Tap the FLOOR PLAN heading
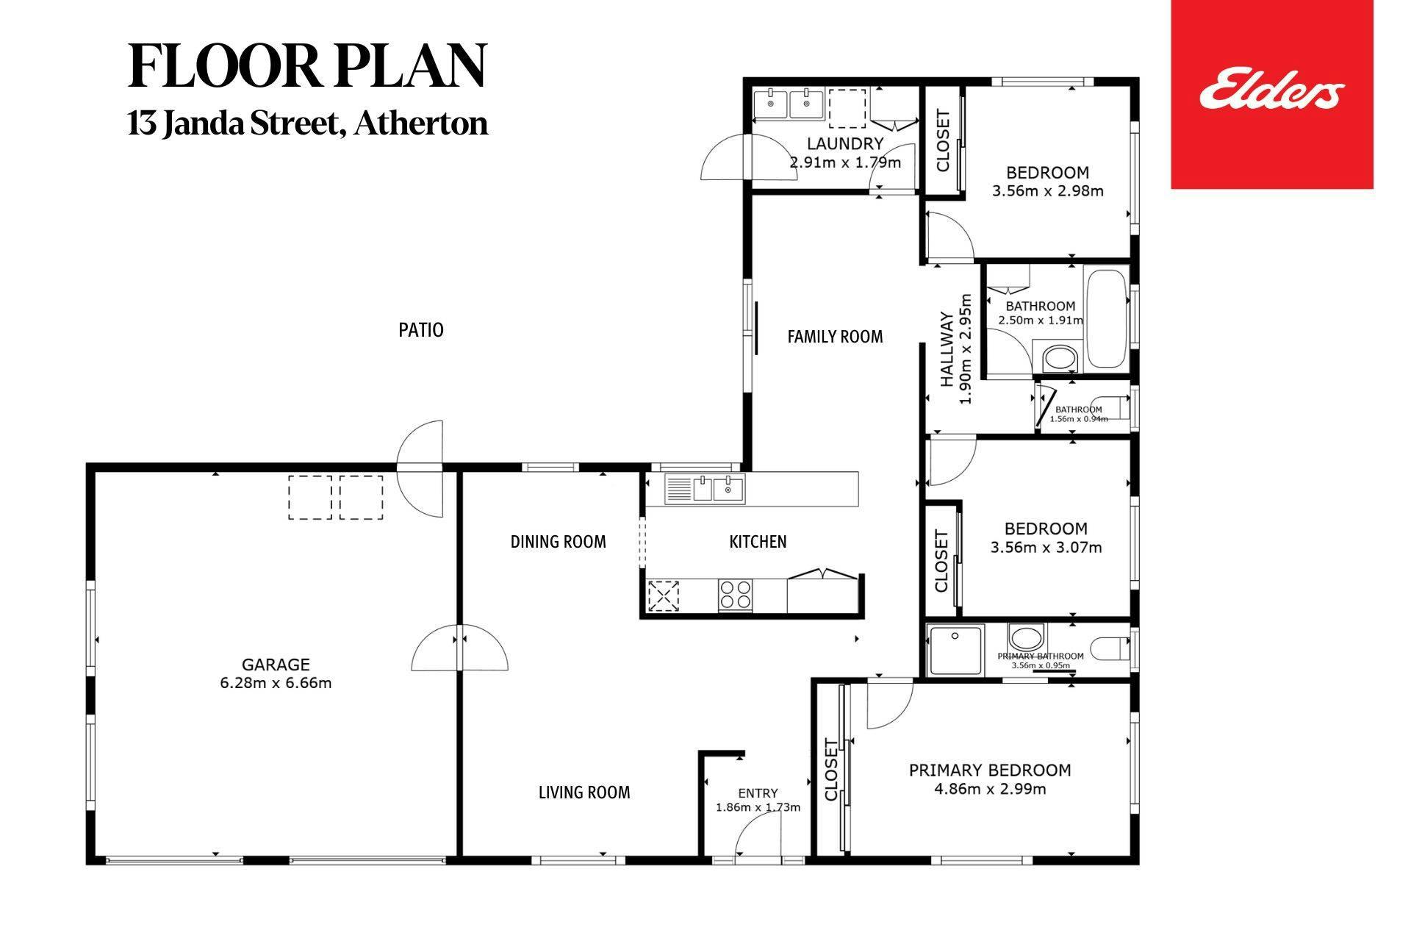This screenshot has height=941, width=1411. [x=307, y=66]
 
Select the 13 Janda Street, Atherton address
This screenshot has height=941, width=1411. [x=307, y=123]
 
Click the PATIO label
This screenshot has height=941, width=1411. [x=421, y=330]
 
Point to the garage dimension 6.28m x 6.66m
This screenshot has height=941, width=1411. [x=276, y=683]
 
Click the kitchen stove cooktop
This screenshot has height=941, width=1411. [x=735, y=595]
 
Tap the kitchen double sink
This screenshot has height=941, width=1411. [x=705, y=489]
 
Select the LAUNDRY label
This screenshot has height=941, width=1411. [x=845, y=143]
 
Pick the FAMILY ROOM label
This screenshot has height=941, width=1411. [x=835, y=337]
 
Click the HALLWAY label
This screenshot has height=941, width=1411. [x=947, y=350]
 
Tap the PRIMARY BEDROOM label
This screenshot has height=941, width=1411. [x=990, y=770]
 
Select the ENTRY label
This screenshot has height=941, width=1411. [x=758, y=793]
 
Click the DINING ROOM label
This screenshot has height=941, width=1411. [x=559, y=542]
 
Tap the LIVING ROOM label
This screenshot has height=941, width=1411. [x=584, y=792]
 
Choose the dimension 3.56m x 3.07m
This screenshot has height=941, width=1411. [x=1046, y=547]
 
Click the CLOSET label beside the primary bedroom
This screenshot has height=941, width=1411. [x=831, y=770]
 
